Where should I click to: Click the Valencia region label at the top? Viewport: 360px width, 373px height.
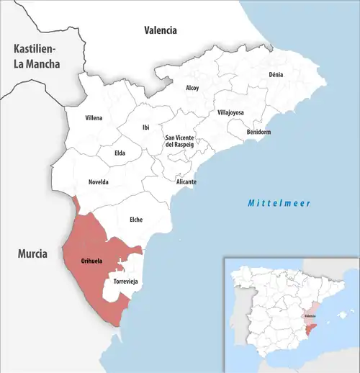160,30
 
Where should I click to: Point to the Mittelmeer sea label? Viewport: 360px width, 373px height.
279,204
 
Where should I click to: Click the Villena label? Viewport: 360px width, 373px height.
94,117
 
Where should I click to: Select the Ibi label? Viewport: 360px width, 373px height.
146,127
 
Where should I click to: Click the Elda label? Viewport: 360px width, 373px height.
120,153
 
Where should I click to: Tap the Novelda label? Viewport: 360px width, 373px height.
98,182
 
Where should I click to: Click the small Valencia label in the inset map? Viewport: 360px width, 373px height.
310,316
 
